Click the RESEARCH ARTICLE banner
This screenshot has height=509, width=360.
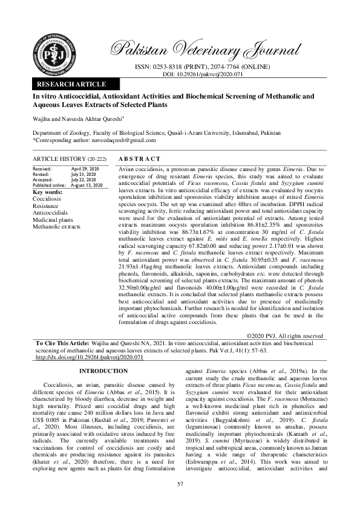[72, 84]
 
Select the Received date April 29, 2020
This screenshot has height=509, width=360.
[84, 169]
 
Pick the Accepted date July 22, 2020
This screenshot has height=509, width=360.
[85, 180]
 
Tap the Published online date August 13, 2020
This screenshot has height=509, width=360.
[87, 184]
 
